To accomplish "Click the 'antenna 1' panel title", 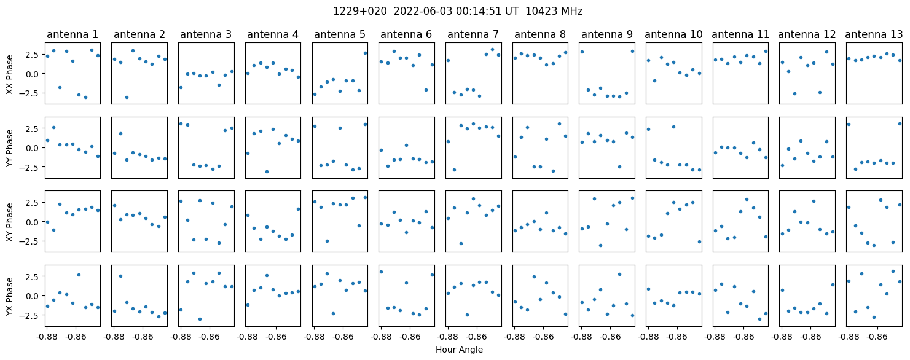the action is click(x=73, y=35).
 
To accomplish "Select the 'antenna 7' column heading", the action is click(x=473, y=35).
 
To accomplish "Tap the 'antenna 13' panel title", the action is click(x=874, y=35).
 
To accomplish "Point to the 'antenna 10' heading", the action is click(x=673, y=35).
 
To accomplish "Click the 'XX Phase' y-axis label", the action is click(x=9, y=74).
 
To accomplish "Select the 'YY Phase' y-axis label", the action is click(x=9, y=148).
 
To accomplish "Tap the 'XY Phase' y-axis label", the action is click(x=9, y=222).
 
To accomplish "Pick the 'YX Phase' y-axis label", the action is click(x=9, y=295).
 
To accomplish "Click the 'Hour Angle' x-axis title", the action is click(x=459, y=350).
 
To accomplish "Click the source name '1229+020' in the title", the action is click(x=360, y=12).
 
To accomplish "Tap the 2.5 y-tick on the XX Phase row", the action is click(x=34, y=55).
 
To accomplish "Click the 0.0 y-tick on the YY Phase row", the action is click(x=34, y=148).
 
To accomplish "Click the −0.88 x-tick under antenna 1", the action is click(x=47, y=337).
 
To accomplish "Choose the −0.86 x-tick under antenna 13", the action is click(x=877, y=337).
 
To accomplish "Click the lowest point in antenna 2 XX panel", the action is click(x=127, y=98).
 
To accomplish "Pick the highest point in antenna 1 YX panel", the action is click(x=79, y=275).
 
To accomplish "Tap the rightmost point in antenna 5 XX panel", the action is click(x=365, y=53).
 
